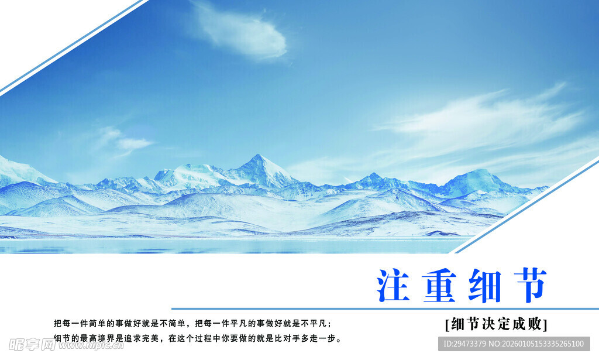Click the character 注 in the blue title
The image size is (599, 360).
point(394,285)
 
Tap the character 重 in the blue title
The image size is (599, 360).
point(440,285)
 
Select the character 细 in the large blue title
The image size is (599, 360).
point(485,285)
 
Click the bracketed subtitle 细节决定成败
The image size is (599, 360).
point(496,324)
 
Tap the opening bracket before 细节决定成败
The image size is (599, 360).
point(447,324)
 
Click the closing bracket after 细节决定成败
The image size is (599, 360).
point(545,324)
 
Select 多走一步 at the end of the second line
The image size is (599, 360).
point(323,338)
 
